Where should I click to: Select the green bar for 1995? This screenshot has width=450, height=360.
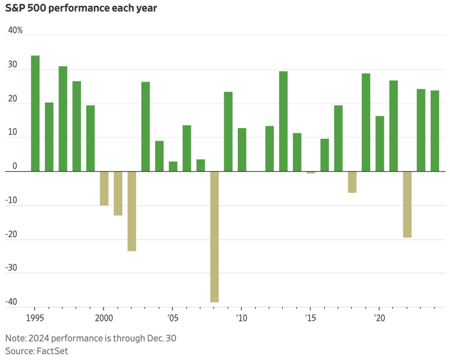(35, 113)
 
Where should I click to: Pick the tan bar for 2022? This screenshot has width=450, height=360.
(407, 204)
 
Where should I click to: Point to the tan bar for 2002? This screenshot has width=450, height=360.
(132, 211)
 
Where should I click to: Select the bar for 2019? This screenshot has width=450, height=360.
(366, 122)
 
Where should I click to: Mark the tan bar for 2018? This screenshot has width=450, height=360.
(352, 182)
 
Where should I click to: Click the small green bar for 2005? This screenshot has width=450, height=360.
(173, 166)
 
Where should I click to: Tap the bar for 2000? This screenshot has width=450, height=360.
(104, 188)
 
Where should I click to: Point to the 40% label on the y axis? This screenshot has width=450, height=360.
(15, 30)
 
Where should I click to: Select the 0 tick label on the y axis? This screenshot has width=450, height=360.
(15, 166)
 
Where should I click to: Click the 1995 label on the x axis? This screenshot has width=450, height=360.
(35, 318)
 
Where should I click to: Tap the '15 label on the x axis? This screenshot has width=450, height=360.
(310, 318)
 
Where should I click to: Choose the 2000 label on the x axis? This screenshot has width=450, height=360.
(104, 318)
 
